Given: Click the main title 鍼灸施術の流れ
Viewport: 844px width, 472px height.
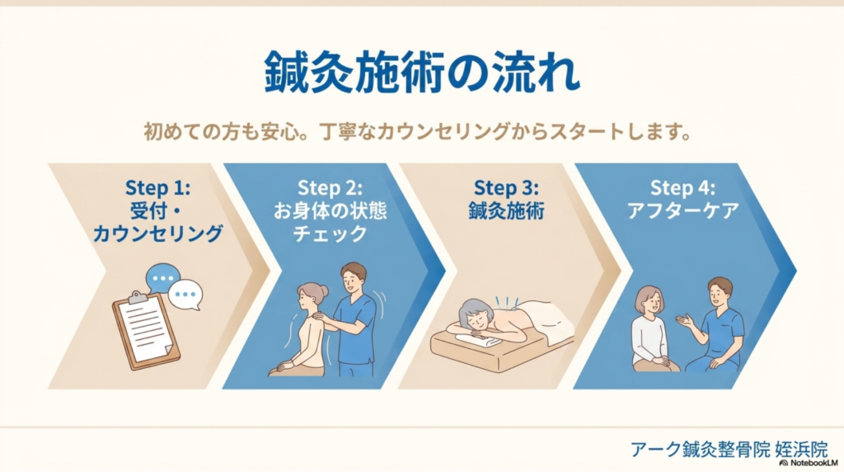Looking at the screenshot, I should [421, 74].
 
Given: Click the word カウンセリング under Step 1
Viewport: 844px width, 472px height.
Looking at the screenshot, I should [157, 234].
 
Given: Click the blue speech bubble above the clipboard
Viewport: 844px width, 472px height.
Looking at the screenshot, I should [162, 276].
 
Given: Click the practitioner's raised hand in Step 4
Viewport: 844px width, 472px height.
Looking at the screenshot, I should [682, 319].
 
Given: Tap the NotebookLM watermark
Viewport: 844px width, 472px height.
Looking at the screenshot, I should [809, 464].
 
